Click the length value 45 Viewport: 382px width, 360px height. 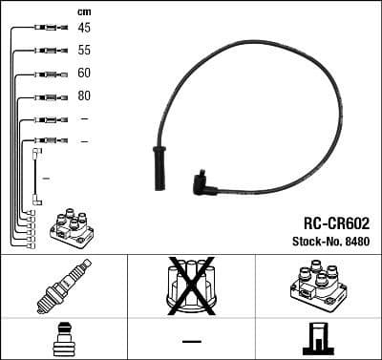[84, 28]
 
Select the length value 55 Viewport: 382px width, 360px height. [84, 50]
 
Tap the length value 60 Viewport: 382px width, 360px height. [84, 73]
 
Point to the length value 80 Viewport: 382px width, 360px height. [84, 95]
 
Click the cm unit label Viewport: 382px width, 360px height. [83, 10]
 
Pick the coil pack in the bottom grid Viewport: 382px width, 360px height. [317, 285]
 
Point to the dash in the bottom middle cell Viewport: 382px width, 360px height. [191, 340]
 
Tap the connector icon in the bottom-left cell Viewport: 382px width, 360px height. [62, 339]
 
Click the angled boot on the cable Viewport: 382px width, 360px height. [202, 179]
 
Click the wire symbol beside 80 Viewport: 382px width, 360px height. [44, 96]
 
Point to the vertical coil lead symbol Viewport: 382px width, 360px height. [36, 176]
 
